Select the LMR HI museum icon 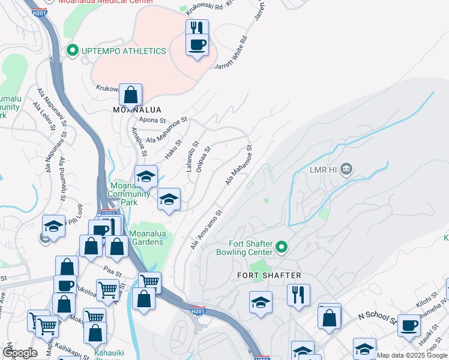pos(346,170)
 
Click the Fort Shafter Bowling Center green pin pos(280,246)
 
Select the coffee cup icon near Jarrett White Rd pos(197,44)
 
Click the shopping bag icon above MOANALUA pos(130,95)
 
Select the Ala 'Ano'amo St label pos(206,229)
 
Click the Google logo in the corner pos(20,353)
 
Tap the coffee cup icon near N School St pos(409,326)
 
